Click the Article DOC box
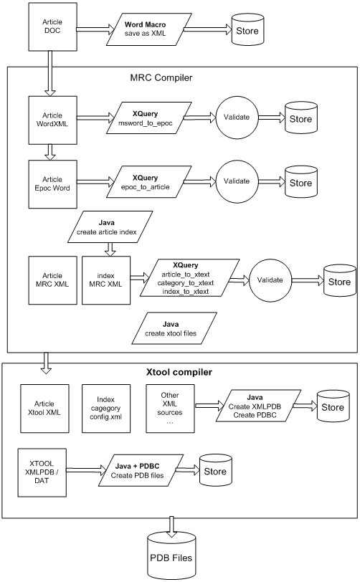coord(53,27)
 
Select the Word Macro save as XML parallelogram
coord(145,29)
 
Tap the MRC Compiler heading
coord(161,77)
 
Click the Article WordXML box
coord(53,120)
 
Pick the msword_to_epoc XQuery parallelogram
coord(145,118)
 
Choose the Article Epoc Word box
coord(53,184)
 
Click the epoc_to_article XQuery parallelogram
coord(145,182)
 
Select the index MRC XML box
coord(106,280)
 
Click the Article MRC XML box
coord(53,280)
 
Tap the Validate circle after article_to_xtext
coord(270,280)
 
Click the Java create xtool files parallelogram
coord(171,328)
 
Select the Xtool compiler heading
coord(179,372)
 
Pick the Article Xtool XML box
coord(44,409)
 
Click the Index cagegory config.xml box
coord(106,409)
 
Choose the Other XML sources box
coord(170,409)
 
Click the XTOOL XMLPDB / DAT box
coord(42,472)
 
